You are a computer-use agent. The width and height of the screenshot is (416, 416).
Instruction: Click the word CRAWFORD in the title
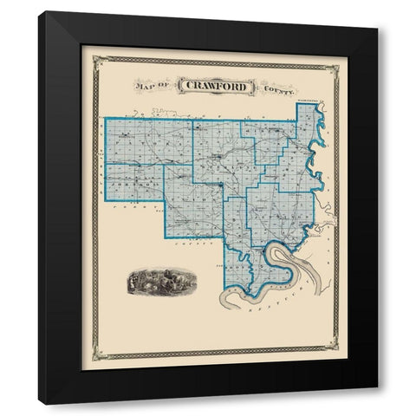(216, 86)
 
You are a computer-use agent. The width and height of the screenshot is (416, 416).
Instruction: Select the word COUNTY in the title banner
(280, 87)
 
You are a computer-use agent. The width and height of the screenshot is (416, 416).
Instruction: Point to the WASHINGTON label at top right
(307, 102)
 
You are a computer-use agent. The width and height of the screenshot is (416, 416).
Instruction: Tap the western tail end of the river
(223, 304)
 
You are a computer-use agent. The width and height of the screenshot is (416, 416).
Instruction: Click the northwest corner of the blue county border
(105, 119)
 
